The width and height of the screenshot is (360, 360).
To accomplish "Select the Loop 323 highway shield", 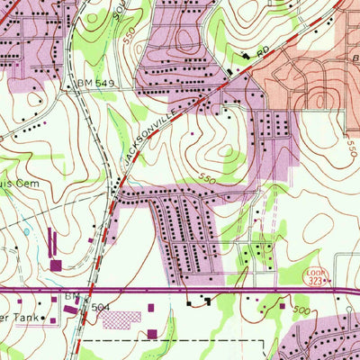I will coord(340,277).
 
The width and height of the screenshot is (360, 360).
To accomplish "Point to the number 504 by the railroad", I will coord(100,308).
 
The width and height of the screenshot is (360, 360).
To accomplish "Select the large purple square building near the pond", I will coord(56,265).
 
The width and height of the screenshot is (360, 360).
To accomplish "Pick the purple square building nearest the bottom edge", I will coord(151,334).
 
